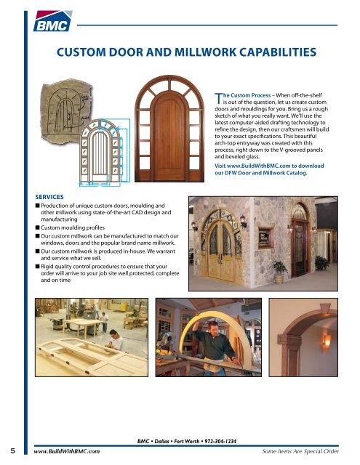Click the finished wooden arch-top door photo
(x=155, y=132)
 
